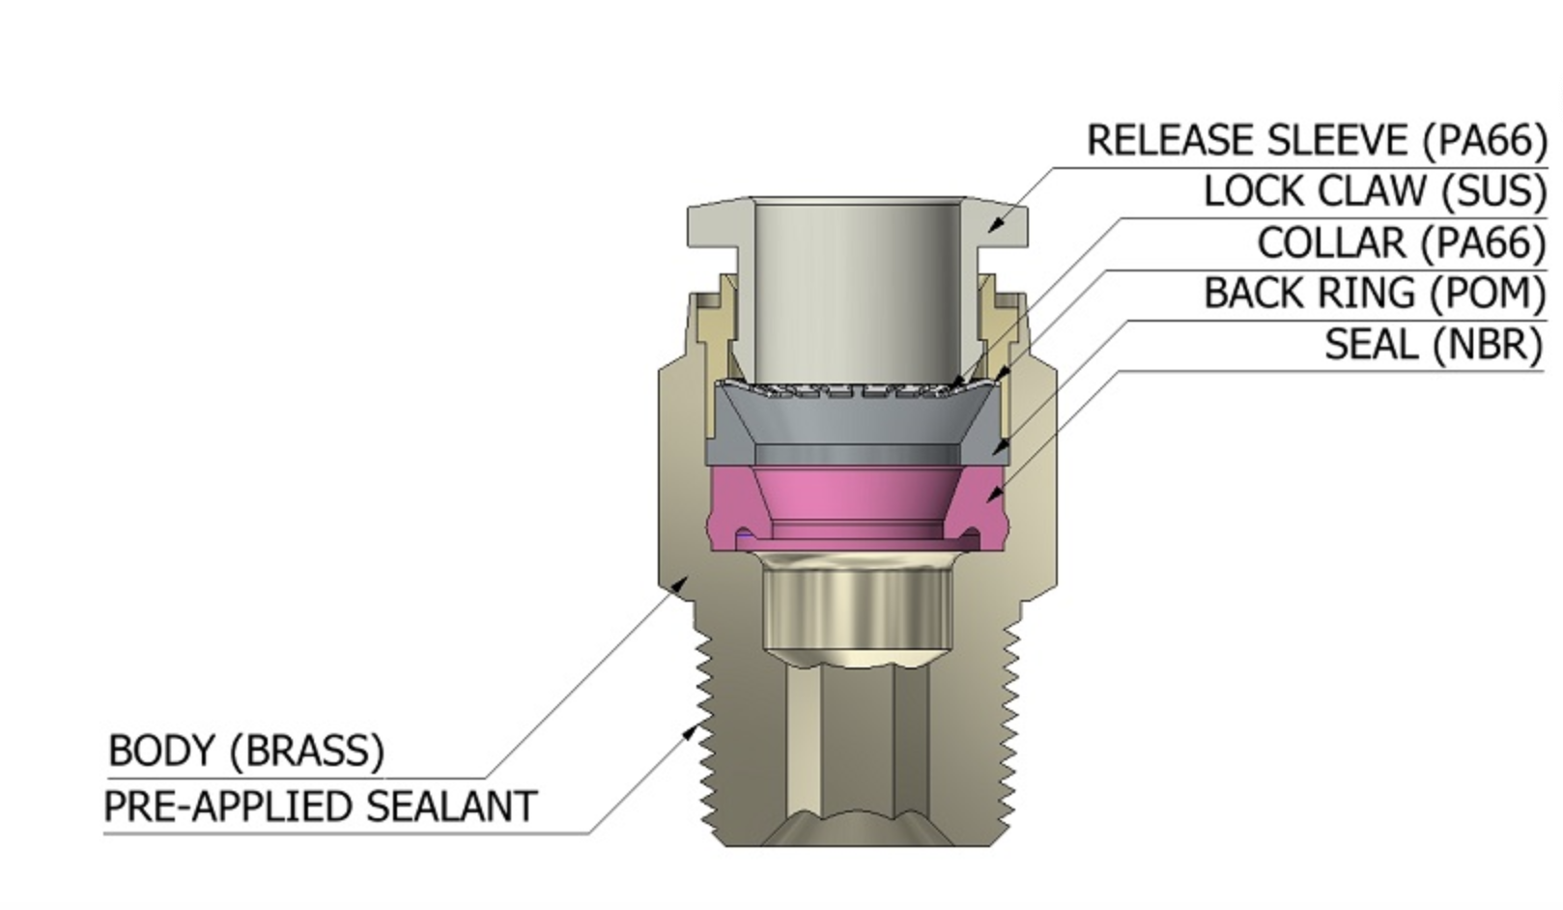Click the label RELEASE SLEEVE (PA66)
(1317, 141)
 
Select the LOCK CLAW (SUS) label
(1375, 191)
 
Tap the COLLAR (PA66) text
(1402, 242)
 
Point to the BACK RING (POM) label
(1375, 293)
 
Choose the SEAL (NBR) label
(1434, 344)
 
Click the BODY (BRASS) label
(246, 751)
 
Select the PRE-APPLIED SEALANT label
(320, 807)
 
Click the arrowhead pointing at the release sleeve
(996, 226)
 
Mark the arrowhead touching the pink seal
(992, 494)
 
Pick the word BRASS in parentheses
(306, 751)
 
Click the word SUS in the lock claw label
(1493, 191)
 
